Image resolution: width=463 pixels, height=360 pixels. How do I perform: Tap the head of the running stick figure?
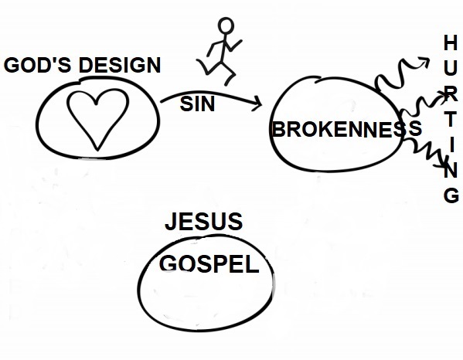click(226, 25)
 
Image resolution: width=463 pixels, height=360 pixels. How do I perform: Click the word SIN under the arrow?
click(197, 104)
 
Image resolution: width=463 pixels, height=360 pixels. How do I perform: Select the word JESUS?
click(204, 221)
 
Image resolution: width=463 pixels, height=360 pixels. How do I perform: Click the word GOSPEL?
click(209, 264)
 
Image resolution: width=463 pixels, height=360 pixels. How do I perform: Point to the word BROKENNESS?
click(346, 129)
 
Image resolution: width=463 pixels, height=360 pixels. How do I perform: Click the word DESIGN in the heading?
click(120, 65)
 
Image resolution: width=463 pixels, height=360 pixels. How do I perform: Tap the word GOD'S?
click(38, 65)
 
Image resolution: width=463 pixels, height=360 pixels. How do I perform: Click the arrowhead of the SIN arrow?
click(257, 104)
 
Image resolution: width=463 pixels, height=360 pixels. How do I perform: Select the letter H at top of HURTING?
click(451, 42)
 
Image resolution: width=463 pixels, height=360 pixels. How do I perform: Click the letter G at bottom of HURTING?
click(451, 195)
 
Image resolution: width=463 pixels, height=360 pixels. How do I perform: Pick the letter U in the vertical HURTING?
click(451, 68)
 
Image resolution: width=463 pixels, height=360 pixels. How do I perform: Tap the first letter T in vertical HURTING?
click(451, 119)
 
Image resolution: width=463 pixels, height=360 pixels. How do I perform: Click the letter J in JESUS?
click(170, 222)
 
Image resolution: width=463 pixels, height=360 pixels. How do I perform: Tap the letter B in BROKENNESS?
click(278, 129)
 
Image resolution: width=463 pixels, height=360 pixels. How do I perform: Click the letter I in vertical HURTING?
click(451, 145)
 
